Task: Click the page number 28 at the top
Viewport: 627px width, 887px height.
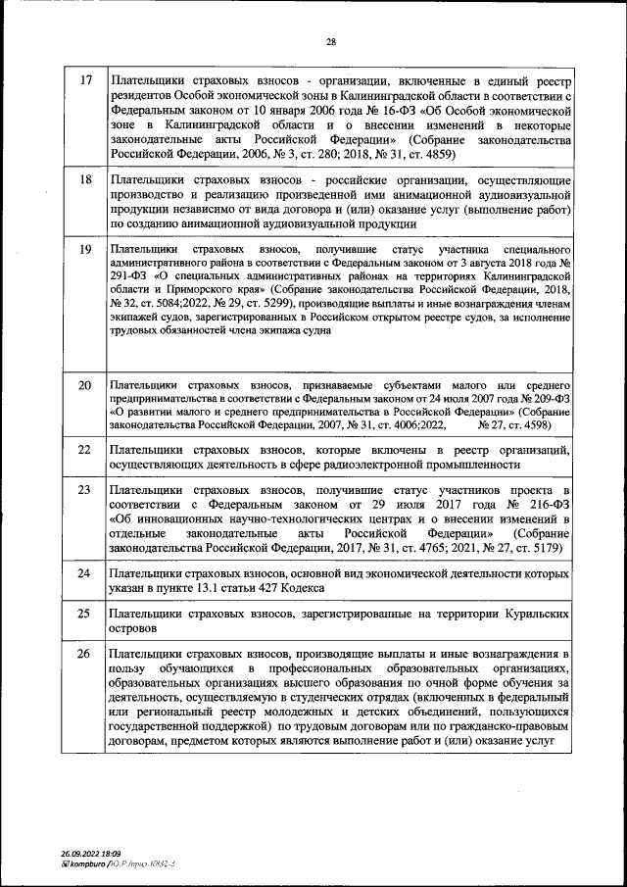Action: [330, 41]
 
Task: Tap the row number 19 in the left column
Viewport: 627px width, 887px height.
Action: [85, 250]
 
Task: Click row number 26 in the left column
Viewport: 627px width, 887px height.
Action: [85, 653]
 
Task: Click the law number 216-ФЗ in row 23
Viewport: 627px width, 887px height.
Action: [538, 505]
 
